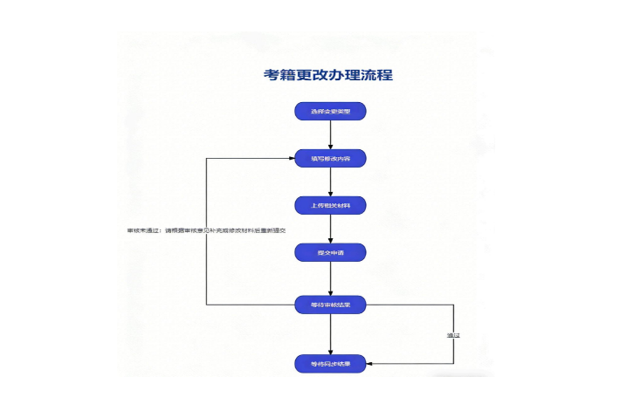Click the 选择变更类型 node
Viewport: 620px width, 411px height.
330,112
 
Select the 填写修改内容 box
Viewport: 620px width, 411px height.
330,159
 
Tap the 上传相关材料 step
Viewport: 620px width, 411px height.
330,206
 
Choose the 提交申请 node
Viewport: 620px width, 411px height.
330,253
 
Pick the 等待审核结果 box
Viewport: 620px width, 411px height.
330,305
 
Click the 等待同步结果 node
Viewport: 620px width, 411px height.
330,363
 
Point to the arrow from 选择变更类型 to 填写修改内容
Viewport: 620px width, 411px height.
330,134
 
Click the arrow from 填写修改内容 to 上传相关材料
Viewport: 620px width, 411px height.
330,182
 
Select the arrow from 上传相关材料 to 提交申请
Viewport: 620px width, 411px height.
330,229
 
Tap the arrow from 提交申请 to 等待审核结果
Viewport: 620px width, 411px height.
330,278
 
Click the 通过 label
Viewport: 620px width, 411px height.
452,335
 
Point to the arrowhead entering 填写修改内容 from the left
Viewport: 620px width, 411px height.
291,159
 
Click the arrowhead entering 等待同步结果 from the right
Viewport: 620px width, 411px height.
370,363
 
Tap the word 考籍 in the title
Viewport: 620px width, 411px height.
280,75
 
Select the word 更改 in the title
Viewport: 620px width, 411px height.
313,75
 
